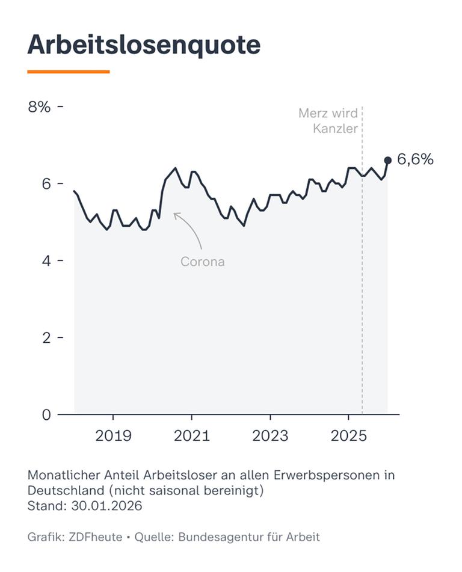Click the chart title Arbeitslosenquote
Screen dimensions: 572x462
144,45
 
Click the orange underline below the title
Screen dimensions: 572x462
69,72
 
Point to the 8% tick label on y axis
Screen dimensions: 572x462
39,106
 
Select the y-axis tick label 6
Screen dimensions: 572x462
45,183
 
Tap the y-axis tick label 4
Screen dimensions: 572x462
45,260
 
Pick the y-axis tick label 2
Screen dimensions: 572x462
45,337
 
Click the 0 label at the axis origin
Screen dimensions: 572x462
45,414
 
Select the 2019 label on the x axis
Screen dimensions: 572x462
113,435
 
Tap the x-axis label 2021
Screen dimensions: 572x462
191,435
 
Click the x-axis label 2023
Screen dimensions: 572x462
270,435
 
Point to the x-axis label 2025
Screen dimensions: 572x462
348,435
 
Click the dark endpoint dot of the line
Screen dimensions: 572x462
387,161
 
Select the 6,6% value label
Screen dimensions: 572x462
415,159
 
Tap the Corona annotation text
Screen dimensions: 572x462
203,262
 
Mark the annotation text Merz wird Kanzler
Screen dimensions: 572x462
328,121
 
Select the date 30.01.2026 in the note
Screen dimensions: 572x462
106,505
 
